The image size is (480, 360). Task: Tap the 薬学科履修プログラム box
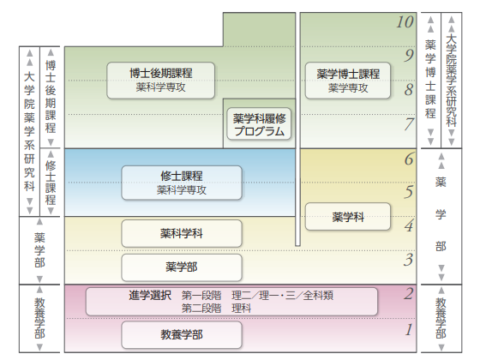(x=258, y=125)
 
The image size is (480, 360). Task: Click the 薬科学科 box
(x=181, y=232)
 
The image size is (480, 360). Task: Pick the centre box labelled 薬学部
(x=181, y=267)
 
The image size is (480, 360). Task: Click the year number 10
(x=405, y=21)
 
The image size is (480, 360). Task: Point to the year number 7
(x=409, y=124)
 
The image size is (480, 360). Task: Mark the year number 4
(x=409, y=226)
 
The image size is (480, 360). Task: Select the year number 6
(x=409, y=159)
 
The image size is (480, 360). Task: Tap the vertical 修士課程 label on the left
(x=51, y=182)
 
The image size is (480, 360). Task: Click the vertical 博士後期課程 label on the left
(x=51, y=94)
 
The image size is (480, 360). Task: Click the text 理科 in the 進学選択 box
(x=243, y=308)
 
